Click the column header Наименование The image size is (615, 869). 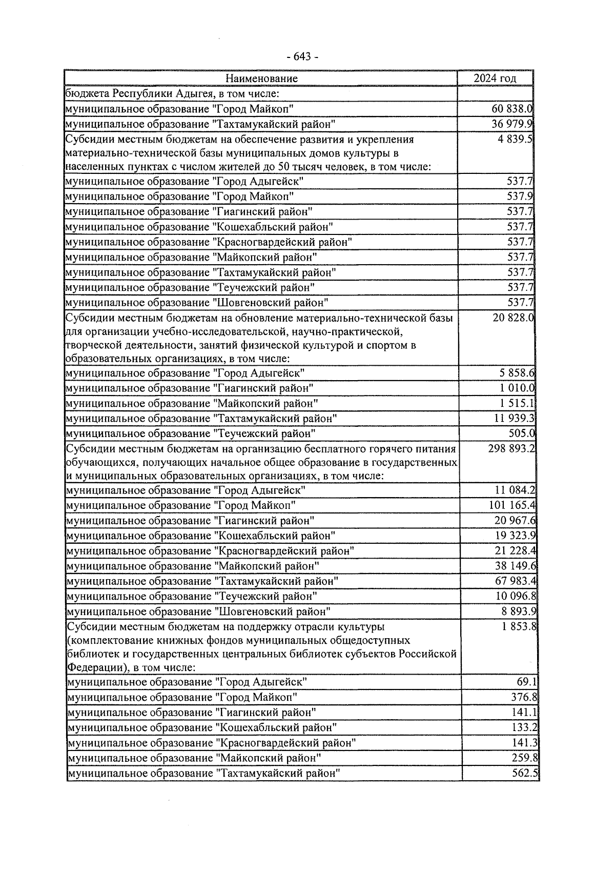(x=261, y=78)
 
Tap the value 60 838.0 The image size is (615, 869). (x=512, y=109)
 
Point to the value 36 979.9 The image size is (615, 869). (x=512, y=124)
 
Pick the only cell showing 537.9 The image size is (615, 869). (x=520, y=196)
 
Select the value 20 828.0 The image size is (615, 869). (x=513, y=318)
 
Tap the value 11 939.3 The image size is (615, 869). (x=515, y=419)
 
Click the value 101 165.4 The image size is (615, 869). (x=512, y=505)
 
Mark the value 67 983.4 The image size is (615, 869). (x=515, y=581)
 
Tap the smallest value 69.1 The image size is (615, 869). (x=527, y=682)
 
